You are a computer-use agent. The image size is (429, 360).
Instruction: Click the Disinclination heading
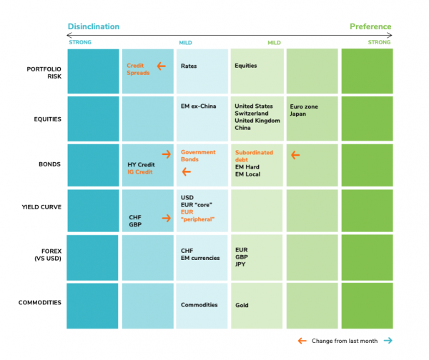point(93,26)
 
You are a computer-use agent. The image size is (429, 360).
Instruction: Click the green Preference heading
point(370,26)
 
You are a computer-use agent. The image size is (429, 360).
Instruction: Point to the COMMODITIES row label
point(41,302)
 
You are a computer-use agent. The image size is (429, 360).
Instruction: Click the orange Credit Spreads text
point(138,69)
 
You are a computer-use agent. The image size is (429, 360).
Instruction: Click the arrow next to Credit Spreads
point(162,66)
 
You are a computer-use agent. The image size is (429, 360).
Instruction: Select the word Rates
point(189,66)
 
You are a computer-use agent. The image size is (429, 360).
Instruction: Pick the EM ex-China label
point(199,106)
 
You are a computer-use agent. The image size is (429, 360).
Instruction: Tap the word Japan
point(299,114)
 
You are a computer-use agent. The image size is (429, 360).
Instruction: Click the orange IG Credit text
point(140,173)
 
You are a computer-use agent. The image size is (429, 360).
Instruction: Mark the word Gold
point(242,305)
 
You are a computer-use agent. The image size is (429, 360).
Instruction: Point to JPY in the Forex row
point(241,264)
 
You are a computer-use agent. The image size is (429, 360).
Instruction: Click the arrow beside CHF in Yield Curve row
point(167,218)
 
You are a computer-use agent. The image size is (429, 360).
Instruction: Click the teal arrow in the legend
point(387,341)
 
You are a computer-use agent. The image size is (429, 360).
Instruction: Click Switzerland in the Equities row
point(252,114)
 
